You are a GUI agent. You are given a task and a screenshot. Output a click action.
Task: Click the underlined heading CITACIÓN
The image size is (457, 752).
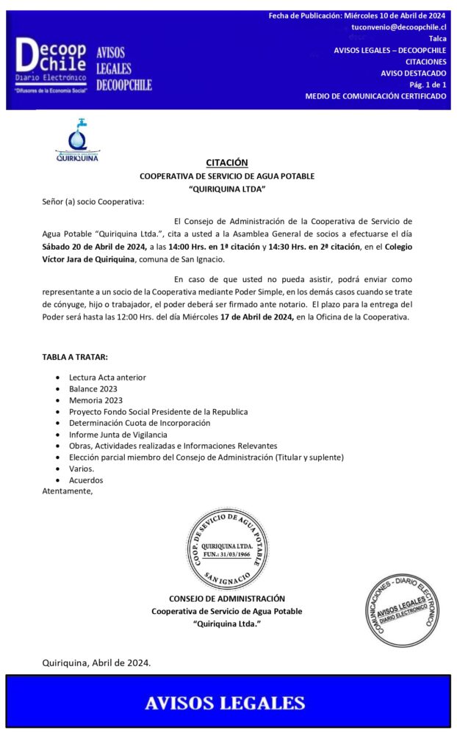click(x=226, y=162)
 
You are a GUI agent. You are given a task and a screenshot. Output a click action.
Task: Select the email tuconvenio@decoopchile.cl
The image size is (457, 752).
click(x=399, y=26)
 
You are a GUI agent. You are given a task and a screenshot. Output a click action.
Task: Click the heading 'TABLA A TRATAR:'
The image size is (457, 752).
click(x=75, y=357)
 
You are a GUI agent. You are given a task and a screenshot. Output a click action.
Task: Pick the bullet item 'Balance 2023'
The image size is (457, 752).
click(x=93, y=388)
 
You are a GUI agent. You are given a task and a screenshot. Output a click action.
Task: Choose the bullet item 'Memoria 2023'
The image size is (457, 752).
click(x=96, y=400)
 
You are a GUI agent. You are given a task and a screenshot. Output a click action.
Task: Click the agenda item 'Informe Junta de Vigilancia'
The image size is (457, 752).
click(x=118, y=435)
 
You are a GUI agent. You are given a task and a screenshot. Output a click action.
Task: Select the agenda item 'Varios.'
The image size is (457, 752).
click(x=82, y=469)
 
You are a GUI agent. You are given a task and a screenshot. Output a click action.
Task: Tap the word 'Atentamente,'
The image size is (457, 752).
click(x=68, y=491)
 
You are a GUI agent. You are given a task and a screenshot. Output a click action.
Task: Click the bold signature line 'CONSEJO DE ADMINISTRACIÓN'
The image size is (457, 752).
click(x=226, y=599)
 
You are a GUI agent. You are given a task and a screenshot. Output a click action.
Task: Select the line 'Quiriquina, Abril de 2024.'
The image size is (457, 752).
click(x=96, y=662)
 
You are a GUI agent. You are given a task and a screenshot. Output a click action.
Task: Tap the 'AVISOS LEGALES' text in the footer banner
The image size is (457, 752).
click(x=225, y=703)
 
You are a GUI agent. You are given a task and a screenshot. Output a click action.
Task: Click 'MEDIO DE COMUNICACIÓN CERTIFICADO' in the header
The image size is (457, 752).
click(x=375, y=96)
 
